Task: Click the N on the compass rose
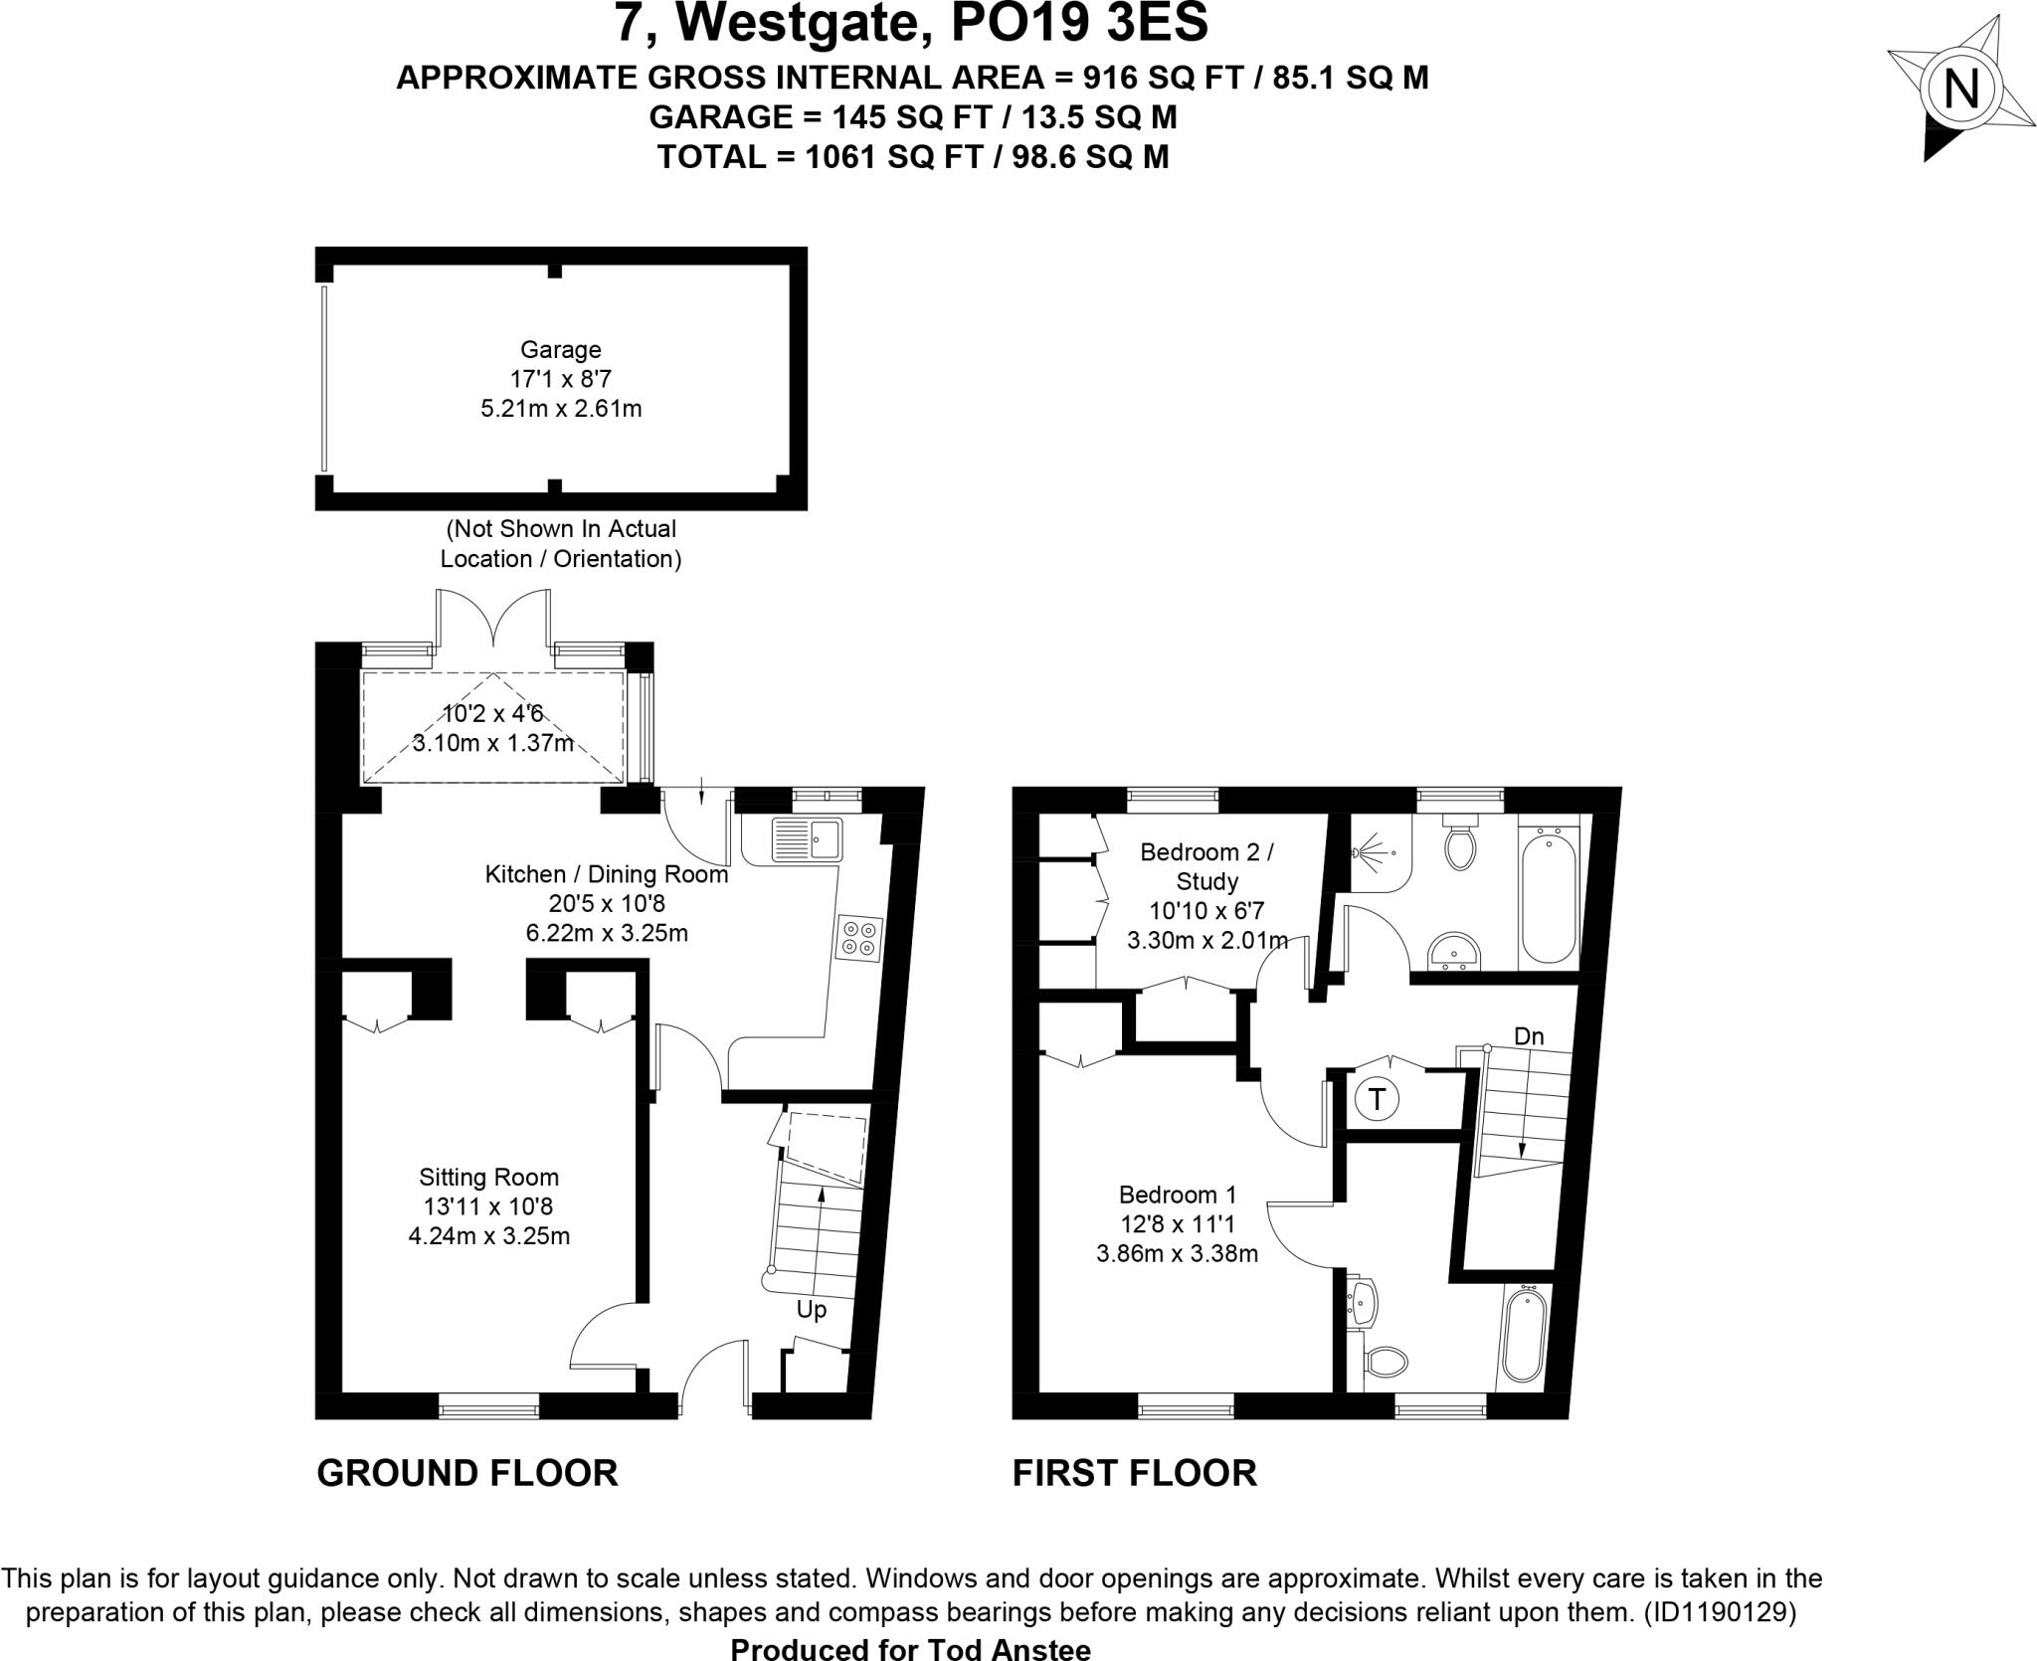[1959, 92]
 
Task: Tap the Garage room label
[561, 350]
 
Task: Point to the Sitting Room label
[488, 1178]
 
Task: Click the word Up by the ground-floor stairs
[812, 1310]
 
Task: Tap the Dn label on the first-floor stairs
[1529, 1036]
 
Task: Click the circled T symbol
[1378, 1100]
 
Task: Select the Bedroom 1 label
[1178, 1195]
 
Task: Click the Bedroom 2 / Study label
[1206, 866]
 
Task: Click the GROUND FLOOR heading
[467, 1473]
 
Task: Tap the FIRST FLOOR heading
[1134, 1473]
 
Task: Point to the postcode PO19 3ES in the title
[1079, 24]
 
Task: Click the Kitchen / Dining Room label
[607, 875]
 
